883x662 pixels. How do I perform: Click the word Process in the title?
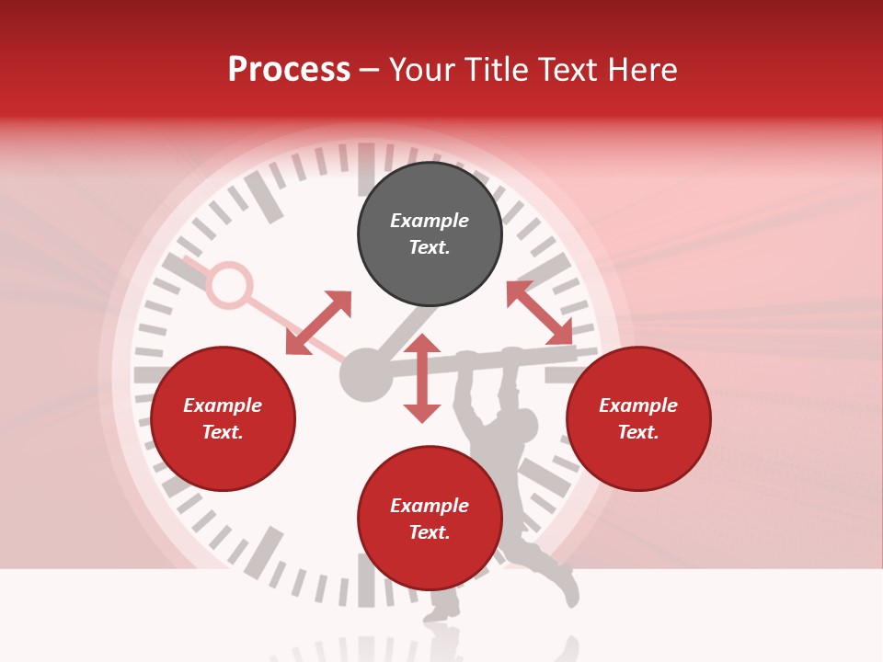(289, 70)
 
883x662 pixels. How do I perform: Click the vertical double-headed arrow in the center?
(422, 378)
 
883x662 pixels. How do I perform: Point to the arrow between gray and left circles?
(318, 323)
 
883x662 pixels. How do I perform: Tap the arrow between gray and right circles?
(539, 313)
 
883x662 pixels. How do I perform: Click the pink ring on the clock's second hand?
(227, 285)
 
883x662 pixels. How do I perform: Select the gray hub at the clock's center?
(365, 374)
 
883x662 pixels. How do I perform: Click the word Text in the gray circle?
(430, 247)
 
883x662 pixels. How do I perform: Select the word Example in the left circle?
(223, 405)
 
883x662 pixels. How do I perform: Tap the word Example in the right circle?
(638, 405)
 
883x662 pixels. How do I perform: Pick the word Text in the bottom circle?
(430, 532)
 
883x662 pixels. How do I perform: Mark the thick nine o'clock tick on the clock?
(151, 374)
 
